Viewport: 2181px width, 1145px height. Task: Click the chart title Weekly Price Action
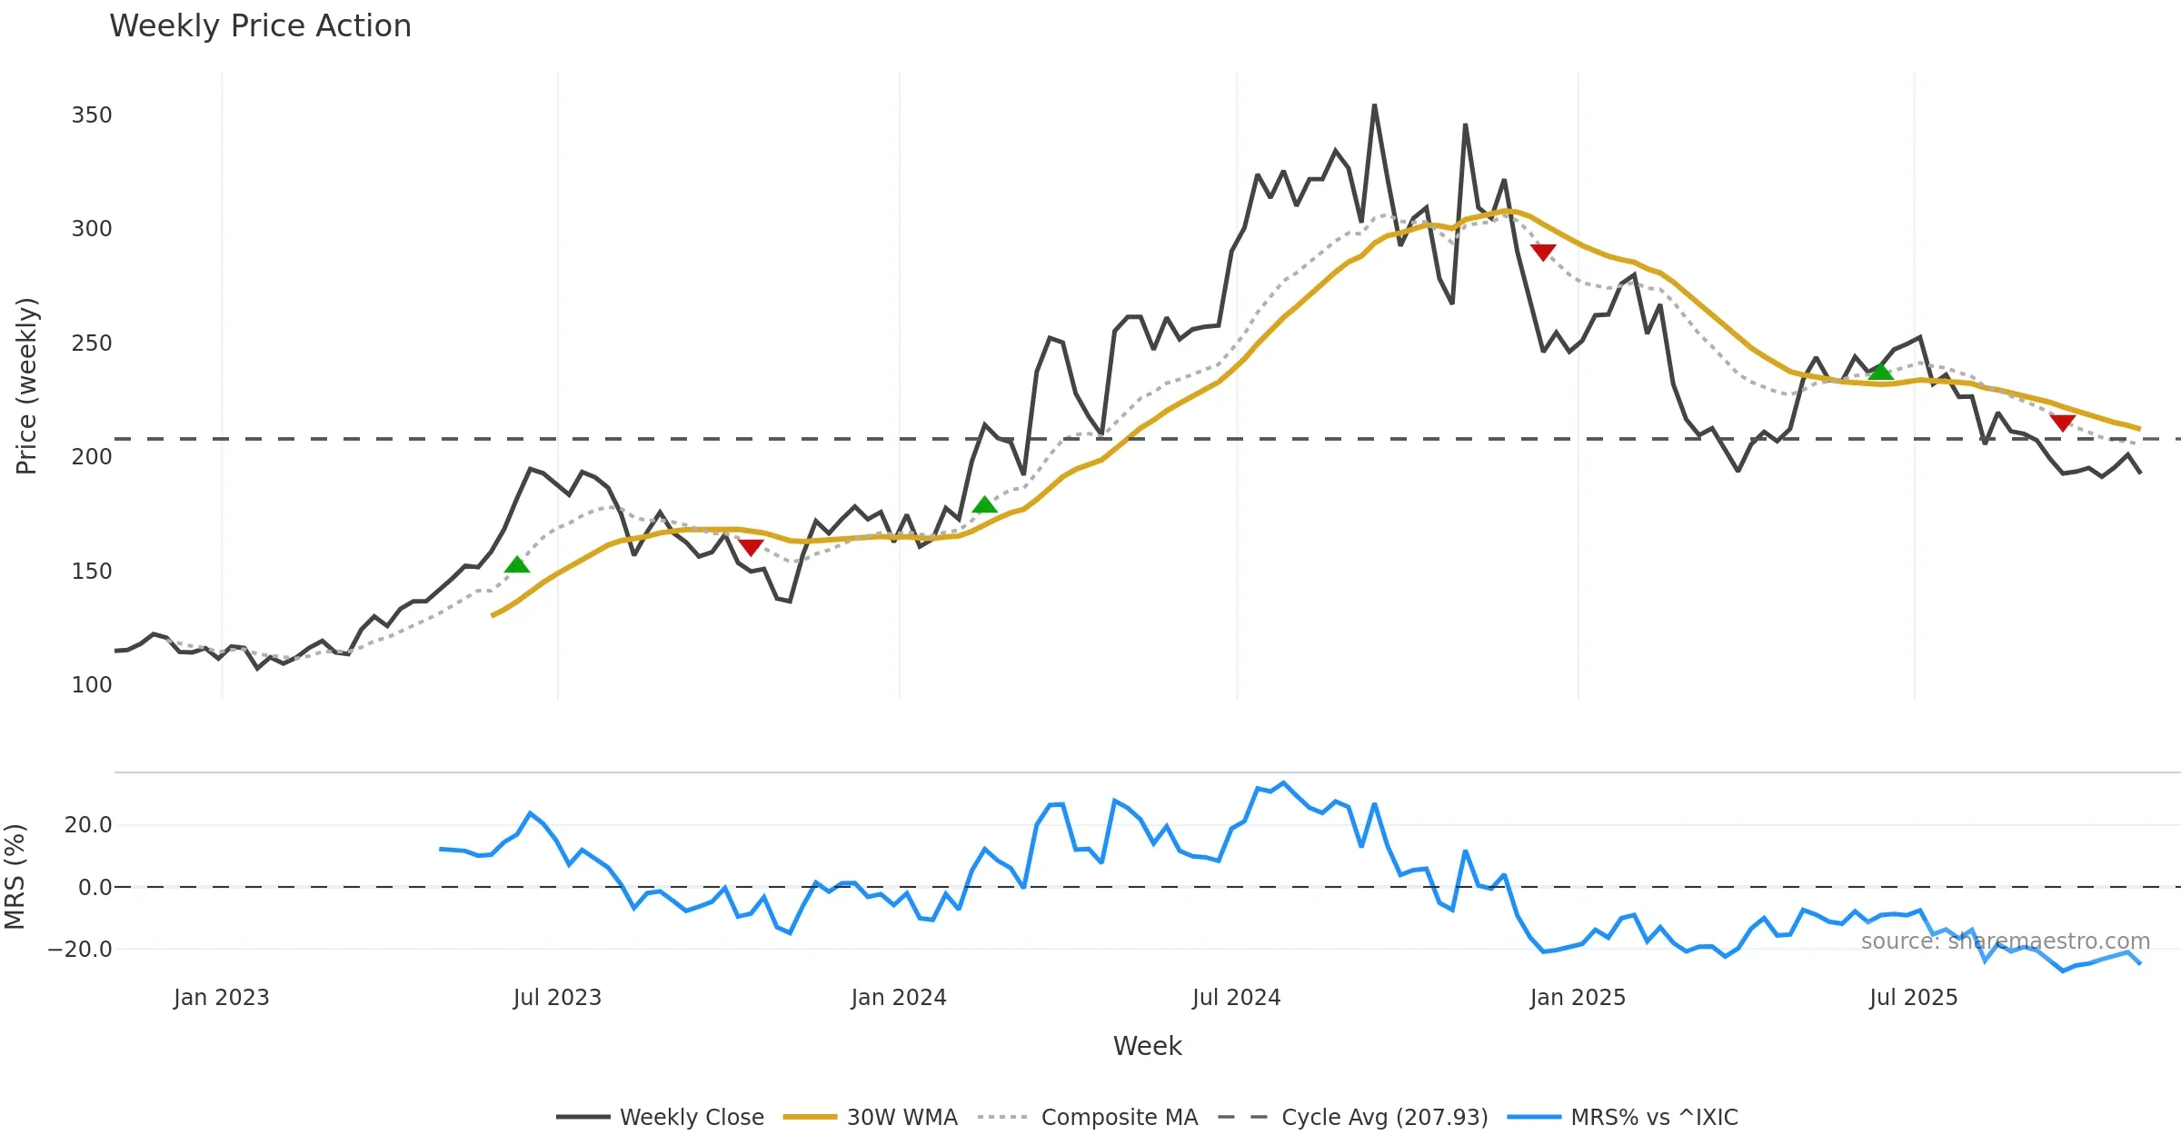point(260,26)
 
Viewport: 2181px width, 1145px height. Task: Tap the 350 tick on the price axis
point(92,115)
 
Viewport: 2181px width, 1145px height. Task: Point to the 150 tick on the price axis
point(92,572)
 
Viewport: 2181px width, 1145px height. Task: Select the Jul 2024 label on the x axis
point(1236,998)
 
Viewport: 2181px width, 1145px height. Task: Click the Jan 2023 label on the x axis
point(222,998)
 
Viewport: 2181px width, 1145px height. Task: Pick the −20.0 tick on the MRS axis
point(80,950)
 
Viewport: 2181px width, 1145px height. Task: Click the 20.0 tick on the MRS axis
point(88,825)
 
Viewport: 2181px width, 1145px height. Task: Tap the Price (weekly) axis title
point(27,386)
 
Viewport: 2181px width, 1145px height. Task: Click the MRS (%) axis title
point(15,877)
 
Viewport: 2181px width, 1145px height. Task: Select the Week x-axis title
point(1147,1047)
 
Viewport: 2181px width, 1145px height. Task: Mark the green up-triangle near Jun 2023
point(517,565)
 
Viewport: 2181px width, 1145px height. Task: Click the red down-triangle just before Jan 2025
point(1543,252)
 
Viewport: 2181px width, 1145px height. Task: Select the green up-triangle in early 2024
point(984,505)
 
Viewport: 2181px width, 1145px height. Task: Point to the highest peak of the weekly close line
point(1374,105)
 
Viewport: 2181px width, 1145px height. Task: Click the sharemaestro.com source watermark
point(2005,941)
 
